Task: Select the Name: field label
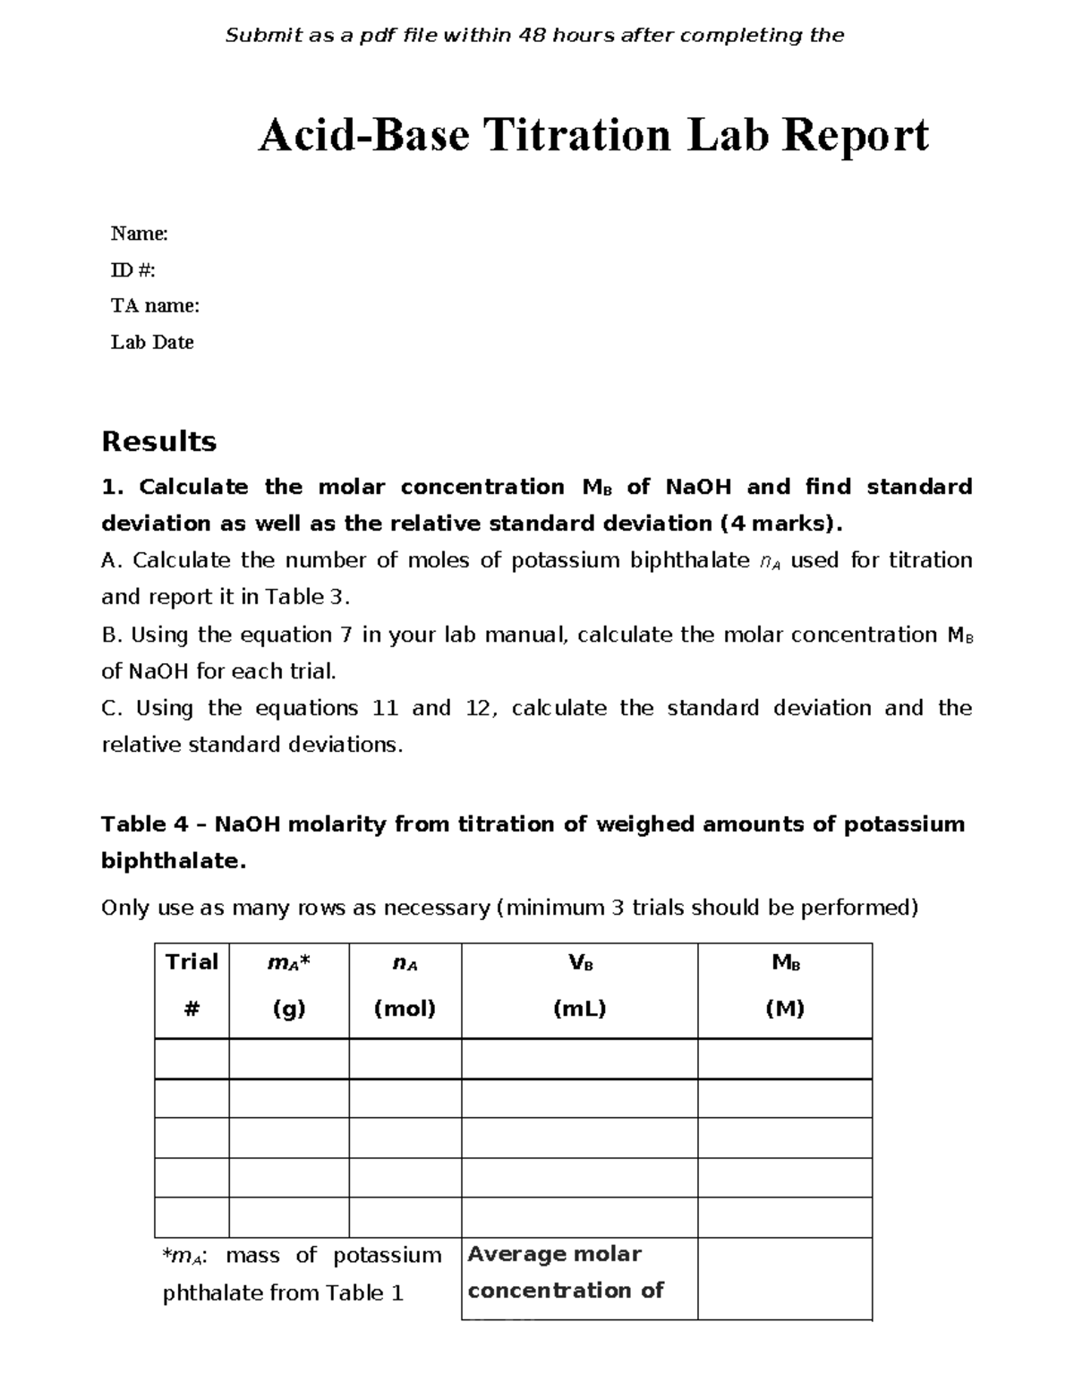139,235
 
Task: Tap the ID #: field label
132,270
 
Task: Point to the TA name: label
155,306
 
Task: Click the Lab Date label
152,342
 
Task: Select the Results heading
158,441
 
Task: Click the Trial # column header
192,985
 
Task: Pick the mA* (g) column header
289,985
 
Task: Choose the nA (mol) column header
405,985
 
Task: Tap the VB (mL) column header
580,985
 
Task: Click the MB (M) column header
785,985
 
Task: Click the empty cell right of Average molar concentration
785,1278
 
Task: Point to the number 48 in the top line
535,36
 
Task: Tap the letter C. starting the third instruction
111,709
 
